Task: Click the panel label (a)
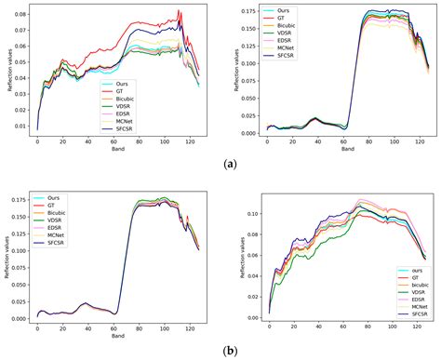230,165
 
